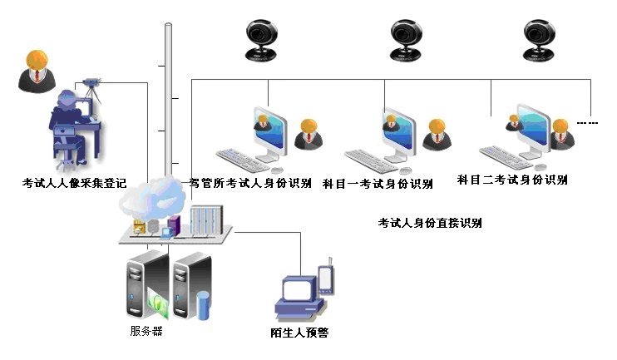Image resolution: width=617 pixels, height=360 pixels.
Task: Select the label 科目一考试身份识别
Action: [x=378, y=183]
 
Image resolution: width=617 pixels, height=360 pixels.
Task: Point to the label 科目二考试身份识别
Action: [x=512, y=180]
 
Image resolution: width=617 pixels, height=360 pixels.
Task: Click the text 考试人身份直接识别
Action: [x=430, y=223]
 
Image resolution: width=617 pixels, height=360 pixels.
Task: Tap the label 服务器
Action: [x=146, y=331]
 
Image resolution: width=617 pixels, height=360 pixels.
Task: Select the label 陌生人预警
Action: [x=300, y=333]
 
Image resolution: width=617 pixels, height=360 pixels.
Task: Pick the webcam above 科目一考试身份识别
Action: [x=407, y=40]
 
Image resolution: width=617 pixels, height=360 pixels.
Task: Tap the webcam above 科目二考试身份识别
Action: [x=540, y=40]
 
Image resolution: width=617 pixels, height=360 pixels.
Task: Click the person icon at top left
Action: [x=36, y=72]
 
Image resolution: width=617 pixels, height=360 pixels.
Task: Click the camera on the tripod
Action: [x=90, y=85]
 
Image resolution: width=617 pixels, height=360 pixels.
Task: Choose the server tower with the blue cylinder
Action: [x=192, y=286]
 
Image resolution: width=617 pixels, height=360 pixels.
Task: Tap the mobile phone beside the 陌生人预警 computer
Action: [x=327, y=276]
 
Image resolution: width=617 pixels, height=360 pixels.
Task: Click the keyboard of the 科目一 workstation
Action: [x=371, y=160]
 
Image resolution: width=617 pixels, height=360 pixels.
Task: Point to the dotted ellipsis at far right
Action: [x=588, y=123]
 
